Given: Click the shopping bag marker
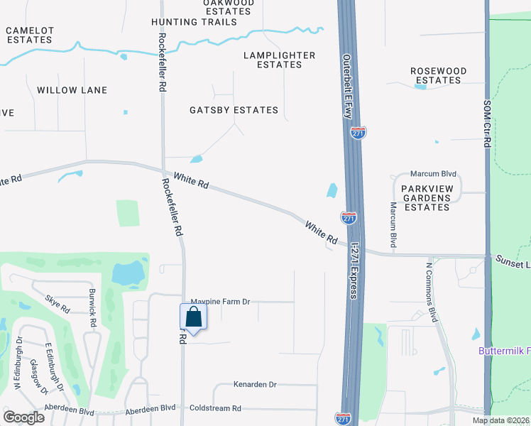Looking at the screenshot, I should point(193,317).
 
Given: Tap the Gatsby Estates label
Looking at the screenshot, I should point(234,110).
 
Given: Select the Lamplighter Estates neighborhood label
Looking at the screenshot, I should point(279,60).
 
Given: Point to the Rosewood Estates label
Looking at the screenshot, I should point(439,76).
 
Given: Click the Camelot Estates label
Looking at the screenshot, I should point(30,35).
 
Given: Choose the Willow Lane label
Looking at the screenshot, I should point(72,90).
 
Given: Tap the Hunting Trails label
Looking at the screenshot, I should point(194,22).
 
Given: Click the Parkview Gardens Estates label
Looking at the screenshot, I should point(426,197).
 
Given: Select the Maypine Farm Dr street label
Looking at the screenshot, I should point(221,302).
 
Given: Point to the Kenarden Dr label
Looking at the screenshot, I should point(254,385).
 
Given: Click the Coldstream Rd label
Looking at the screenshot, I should point(216,408).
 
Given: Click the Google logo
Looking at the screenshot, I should point(23,417).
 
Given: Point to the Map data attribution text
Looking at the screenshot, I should point(500,420).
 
